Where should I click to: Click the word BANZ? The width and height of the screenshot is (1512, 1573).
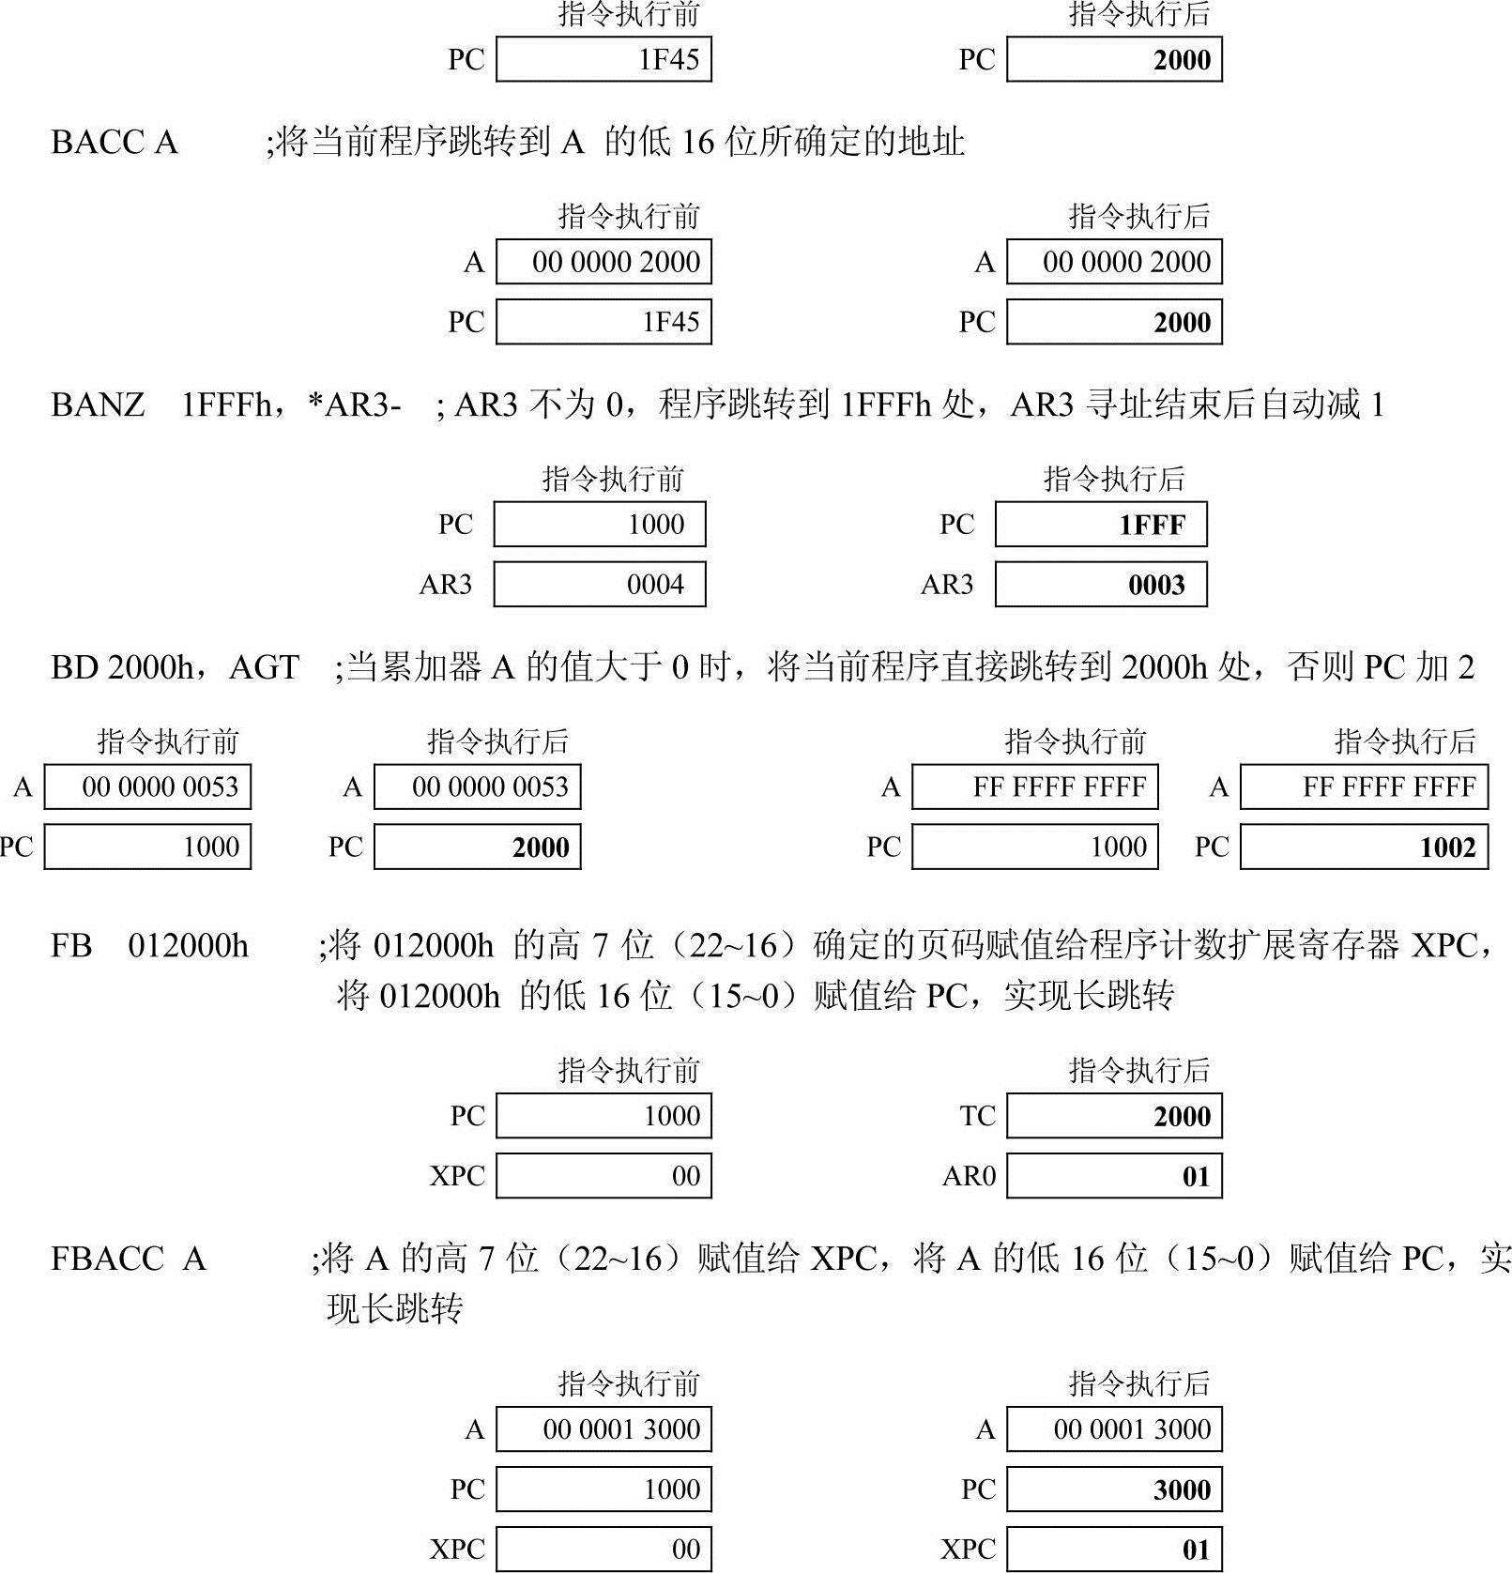(x=98, y=405)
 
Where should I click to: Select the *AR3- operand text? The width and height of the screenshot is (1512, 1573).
(x=355, y=405)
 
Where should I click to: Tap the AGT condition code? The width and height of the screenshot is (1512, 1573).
(x=264, y=667)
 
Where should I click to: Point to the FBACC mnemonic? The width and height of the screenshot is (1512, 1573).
(x=107, y=1259)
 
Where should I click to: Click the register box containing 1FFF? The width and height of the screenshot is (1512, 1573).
(x=1101, y=525)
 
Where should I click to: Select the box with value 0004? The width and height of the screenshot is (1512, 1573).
(x=600, y=585)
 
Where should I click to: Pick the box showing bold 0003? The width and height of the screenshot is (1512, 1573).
(x=1101, y=585)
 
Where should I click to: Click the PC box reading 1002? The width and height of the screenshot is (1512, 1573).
(x=1364, y=848)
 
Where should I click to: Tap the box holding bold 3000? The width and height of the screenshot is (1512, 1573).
(x=1114, y=1489)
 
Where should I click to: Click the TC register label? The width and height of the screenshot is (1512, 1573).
(x=977, y=1116)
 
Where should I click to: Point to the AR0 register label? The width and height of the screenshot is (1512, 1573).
(x=969, y=1176)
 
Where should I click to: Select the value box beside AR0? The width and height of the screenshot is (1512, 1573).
(x=1114, y=1176)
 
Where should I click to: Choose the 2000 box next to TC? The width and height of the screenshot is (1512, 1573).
(x=1114, y=1116)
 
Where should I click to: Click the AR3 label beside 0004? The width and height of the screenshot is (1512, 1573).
(x=446, y=585)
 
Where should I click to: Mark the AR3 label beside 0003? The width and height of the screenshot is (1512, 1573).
(x=947, y=585)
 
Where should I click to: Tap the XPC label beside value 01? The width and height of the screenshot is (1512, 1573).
(x=968, y=1549)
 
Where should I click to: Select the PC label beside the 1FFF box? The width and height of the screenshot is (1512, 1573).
(x=957, y=525)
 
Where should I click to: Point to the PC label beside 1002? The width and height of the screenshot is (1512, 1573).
(x=1212, y=848)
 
